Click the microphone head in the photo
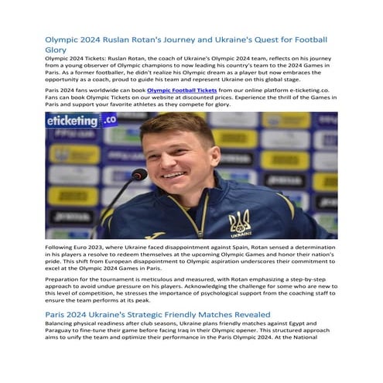(139, 175)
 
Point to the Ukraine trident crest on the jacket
(239, 224)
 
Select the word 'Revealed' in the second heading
(249, 315)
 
